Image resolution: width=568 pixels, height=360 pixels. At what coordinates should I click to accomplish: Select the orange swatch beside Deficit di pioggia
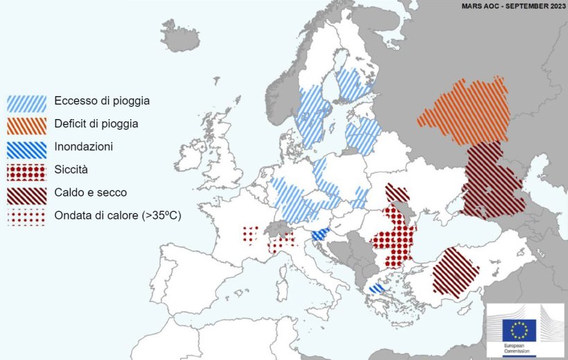[x=27, y=125]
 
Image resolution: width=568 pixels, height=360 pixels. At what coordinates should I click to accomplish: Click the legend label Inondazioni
[x=83, y=147]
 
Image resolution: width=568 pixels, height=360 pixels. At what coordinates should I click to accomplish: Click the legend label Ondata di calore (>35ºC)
[x=117, y=215]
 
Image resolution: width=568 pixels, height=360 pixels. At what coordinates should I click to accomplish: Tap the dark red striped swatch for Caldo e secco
[x=27, y=192]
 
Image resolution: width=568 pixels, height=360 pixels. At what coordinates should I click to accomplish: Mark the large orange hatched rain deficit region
[x=463, y=111]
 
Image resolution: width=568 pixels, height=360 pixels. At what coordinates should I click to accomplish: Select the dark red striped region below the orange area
[x=492, y=181]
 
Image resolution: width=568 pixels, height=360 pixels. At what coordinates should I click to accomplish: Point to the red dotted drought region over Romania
[x=393, y=239]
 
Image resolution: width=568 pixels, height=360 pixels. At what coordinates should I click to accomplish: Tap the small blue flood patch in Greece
[x=376, y=288]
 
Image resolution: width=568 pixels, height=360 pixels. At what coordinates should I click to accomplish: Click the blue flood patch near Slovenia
[x=319, y=235]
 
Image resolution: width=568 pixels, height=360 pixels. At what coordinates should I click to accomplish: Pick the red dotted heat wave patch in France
[x=250, y=234]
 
